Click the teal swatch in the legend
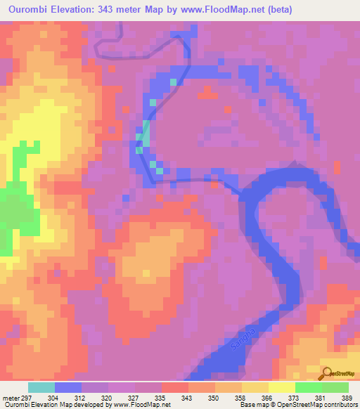coord(41,387)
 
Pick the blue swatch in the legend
coord(68,387)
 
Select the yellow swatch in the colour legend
coord(281,387)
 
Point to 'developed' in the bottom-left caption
coord(91,405)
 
